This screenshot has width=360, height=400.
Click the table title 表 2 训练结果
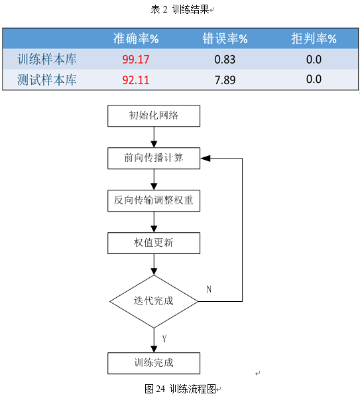tap(180, 10)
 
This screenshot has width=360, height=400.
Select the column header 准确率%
tap(136, 38)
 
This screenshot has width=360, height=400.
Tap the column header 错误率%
tap(225, 38)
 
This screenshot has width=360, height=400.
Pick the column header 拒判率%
tap(314, 38)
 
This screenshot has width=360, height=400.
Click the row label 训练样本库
tap(47, 59)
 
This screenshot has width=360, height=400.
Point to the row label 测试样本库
tap(47, 80)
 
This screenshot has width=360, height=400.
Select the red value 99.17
tap(136, 60)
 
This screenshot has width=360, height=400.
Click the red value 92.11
tap(136, 80)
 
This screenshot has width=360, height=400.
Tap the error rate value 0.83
tap(225, 60)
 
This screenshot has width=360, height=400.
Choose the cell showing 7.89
tap(225, 80)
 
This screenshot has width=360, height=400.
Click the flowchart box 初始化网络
tap(154, 116)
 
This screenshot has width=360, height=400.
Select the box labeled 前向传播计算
tap(154, 158)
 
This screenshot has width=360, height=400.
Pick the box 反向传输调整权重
tap(154, 200)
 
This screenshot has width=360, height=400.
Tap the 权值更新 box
tap(154, 243)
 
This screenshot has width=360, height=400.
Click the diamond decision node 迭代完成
tap(154, 301)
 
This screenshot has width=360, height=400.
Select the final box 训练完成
tap(154, 364)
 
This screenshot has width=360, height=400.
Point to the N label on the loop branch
tap(209, 289)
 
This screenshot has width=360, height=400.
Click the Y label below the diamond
tap(164, 339)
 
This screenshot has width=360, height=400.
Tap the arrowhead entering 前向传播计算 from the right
tap(206, 158)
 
